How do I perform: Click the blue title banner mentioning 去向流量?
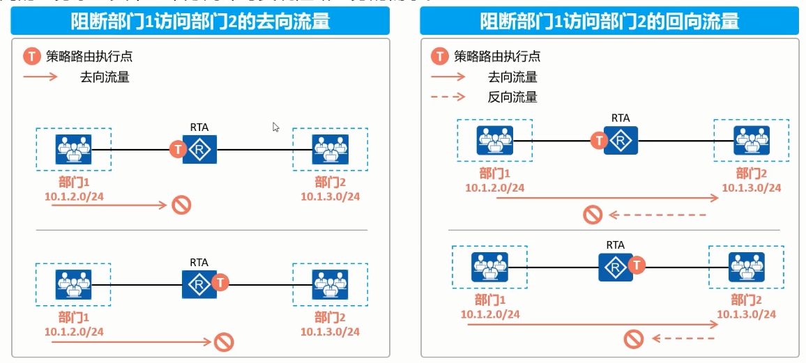click(x=200, y=22)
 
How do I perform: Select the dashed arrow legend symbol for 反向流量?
click(x=448, y=98)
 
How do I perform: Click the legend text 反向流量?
click(x=512, y=98)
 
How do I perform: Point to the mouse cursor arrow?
click(x=276, y=128)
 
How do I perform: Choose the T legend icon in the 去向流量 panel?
click(x=31, y=56)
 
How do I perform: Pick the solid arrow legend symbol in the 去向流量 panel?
click(x=42, y=77)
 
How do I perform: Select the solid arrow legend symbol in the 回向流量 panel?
click(x=448, y=77)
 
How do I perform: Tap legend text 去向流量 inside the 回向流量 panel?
click(x=512, y=77)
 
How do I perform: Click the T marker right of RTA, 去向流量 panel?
click(x=220, y=282)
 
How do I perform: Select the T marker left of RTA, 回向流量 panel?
click(x=598, y=141)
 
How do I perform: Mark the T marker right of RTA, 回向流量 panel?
click(x=637, y=265)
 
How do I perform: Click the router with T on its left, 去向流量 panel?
click(x=200, y=149)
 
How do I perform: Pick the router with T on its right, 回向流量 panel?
click(x=615, y=265)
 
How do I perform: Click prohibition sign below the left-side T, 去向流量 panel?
click(x=181, y=205)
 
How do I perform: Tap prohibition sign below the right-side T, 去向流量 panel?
click(x=224, y=342)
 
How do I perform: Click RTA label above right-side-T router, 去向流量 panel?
click(x=199, y=263)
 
